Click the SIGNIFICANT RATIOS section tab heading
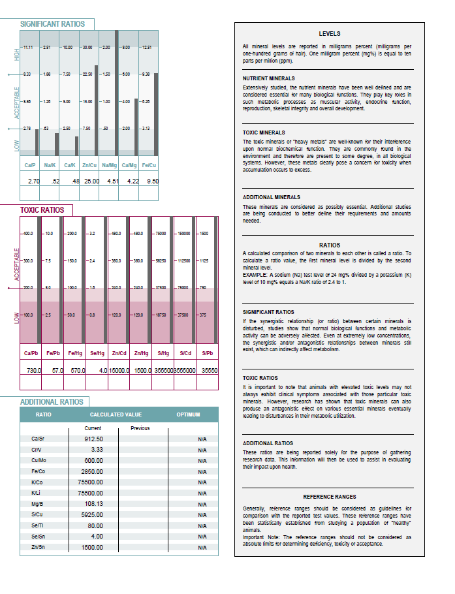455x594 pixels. click(52, 24)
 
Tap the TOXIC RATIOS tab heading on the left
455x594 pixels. click(42, 210)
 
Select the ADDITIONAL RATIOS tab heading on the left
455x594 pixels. click(52, 402)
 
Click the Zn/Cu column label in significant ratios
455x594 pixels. click(90, 165)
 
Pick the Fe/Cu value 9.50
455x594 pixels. click(152, 181)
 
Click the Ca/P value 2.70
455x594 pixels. click(31, 181)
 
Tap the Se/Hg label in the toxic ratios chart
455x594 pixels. click(96, 353)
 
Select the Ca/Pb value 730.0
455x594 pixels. click(33, 370)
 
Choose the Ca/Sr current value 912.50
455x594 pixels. click(93, 439)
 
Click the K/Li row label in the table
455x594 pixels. click(37, 493)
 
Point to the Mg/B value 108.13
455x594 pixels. click(93, 504)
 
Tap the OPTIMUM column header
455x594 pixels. click(188, 414)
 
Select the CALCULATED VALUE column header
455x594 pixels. click(116, 414)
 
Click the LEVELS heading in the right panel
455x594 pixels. click(329, 34)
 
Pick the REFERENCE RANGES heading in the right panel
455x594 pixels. click(329, 497)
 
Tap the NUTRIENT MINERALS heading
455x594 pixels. click(268, 78)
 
